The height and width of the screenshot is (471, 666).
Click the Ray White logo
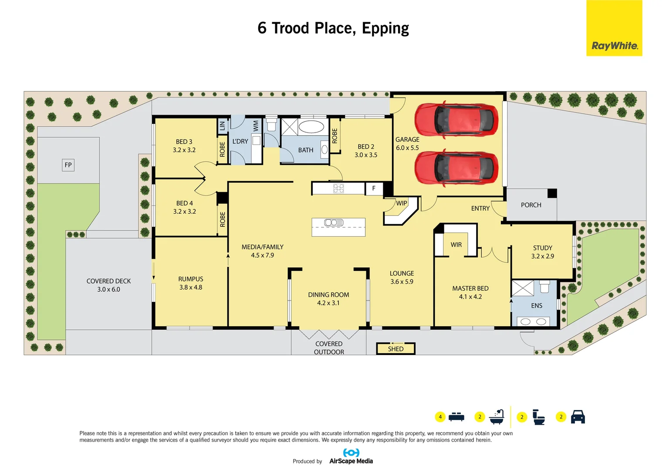(x=614, y=45)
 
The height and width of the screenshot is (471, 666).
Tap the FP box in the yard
(x=68, y=165)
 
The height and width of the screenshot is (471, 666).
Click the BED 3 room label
(x=184, y=142)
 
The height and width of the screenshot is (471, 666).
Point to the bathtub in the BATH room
(x=311, y=127)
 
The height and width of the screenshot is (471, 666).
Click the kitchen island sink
(x=334, y=223)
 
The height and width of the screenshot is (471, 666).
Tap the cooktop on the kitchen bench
(x=338, y=188)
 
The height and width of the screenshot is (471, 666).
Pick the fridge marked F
(x=374, y=188)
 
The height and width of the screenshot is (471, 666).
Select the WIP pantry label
(x=401, y=203)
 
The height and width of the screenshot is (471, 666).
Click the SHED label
(x=396, y=349)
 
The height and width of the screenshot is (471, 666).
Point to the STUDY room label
(x=542, y=248)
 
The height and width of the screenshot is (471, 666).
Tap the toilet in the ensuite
(x=544, y=287)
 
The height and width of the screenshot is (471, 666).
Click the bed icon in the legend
(x=456, y=416)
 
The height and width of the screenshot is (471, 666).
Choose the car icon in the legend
(x=578, y=416)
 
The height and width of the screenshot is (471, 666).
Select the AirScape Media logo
(x=351, y=457)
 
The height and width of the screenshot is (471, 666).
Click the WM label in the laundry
(x=256, y=126)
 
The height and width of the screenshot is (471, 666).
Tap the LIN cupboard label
(x=223, y=126)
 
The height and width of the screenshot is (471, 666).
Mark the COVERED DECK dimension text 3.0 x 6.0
(x=108, y=289)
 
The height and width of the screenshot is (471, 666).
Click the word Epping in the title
(x=385, y=28)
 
